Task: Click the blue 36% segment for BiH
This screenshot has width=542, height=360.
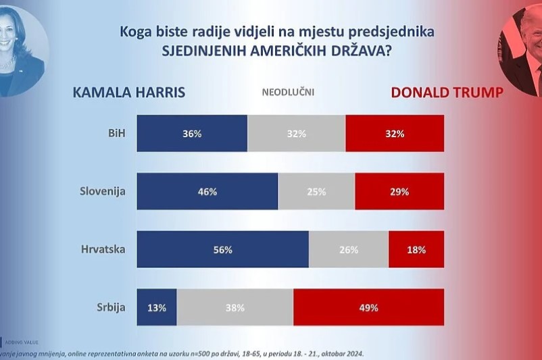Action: click(x=192, y=133)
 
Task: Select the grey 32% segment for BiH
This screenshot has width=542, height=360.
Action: click(x=296, y=133)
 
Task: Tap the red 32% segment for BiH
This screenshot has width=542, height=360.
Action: click(x=395, y=133)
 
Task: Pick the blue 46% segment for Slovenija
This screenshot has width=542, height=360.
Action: click(x=207, y=191)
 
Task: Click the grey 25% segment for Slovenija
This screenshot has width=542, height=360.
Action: click(x=316, y=191)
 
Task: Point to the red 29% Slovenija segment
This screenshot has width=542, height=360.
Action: click(x=399, y=191)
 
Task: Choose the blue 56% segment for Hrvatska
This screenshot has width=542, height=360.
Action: click(x=223, y=249)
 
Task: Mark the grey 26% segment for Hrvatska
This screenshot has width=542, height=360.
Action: click(x=349, y=249)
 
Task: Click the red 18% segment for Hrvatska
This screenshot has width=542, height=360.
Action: click(x=416, y=249)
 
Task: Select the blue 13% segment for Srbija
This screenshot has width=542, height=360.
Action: click(x=157, y=307)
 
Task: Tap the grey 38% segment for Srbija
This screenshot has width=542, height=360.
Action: click(x=235, y=307)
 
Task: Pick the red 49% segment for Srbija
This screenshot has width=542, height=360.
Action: click(x=369, y=307)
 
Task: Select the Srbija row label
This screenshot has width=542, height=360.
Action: click(x=111, y=307)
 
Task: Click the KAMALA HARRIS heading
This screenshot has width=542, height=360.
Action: click(x=128, y=93)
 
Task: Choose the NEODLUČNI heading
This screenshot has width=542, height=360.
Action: click(x=288, y=93)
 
